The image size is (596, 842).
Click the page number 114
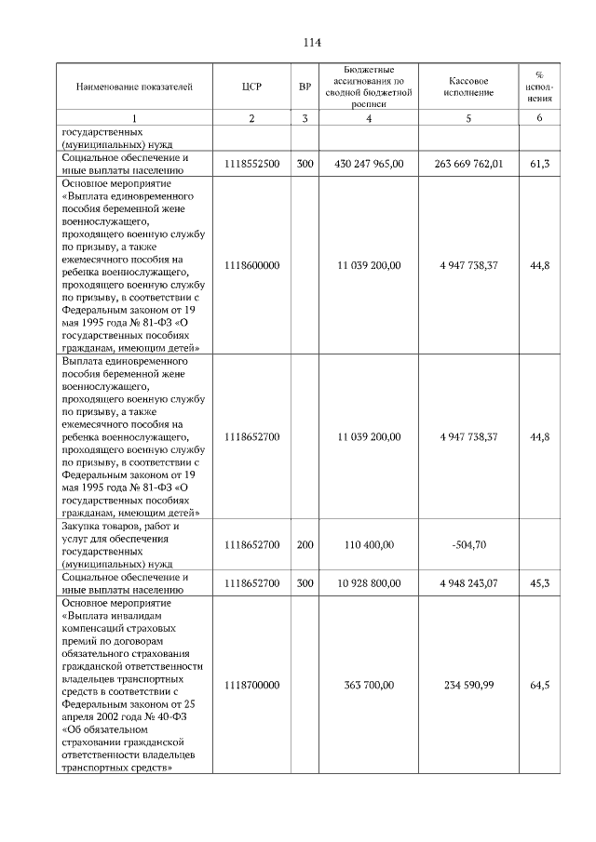click(x=311, y=43)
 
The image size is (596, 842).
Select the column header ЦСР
click(x=251, y=87)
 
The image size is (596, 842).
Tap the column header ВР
click(x=305, y=87)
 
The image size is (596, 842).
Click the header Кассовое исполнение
click(x=468, y=87)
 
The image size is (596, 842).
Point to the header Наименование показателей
click(x=134, y=87)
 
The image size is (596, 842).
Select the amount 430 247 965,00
click(x=369, y=164)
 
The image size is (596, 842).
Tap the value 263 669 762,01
click(x=468, y=164)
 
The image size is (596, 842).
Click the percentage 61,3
click(x=539, y=164)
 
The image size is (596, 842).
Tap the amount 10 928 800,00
click(x=369, y=583)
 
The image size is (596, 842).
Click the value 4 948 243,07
click(x=468, y=583)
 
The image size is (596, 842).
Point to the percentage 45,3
click(x=539, y=583)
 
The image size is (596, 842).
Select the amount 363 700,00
click(x=369, y=685)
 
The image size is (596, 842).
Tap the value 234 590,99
click(x=468, y=685)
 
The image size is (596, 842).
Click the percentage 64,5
click(x=539, y=685)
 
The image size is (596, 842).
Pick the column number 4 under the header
click(x=369, y=118)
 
